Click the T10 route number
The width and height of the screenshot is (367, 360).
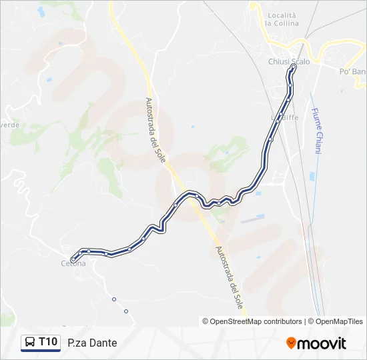click(48, 342)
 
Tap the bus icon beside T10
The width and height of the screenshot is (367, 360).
click(31, 343)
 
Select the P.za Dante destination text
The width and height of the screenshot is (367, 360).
click(92, 343)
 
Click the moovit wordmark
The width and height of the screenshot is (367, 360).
click(322, 343)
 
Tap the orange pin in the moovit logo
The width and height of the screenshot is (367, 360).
click(291, 343)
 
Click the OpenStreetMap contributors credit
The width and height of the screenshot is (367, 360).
click(252, 321)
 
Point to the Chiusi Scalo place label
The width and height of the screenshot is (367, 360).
click(289, 62)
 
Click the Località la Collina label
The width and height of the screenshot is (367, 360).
click(282, 19)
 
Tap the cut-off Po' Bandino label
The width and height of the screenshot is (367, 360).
click(353, 71)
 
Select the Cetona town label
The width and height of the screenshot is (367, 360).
click(73, 263)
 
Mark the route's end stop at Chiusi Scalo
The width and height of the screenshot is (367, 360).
click(294, 67)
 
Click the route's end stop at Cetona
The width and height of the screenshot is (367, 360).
click(73, 259)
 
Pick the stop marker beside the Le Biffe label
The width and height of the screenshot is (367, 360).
click(278, 121)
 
